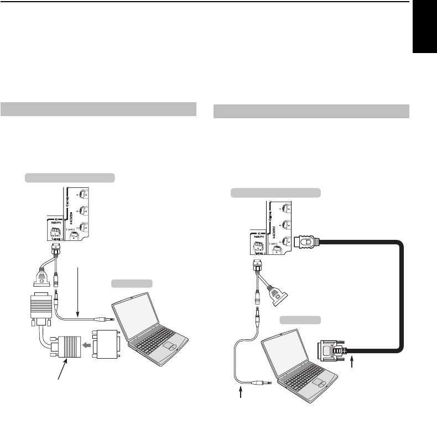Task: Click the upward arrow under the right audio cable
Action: [x=241, y=396]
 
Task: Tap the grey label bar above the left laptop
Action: [x=132, y=284]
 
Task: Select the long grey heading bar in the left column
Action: [x=98, y=109]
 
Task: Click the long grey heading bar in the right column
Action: [x=311, y=111]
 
